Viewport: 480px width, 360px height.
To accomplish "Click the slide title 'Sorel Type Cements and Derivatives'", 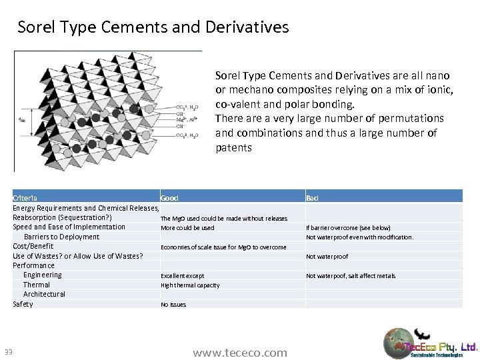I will (x=153, y=27).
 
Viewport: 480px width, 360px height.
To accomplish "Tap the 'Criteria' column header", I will (x=25, y=198).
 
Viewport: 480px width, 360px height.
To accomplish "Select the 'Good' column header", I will (x=169, y=198).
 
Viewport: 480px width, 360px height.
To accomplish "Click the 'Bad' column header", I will (x=312, y=198).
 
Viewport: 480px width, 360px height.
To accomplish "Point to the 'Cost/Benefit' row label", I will (x=33, y=246).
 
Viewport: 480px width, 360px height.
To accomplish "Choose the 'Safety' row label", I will (x=23, y=304).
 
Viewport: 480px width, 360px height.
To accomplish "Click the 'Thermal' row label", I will (x=37, y=285).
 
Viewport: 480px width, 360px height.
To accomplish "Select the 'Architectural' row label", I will (x=44, y=294).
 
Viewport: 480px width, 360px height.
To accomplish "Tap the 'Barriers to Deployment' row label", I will (x=61, y=237).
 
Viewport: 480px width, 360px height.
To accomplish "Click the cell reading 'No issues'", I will (x=173, y=305).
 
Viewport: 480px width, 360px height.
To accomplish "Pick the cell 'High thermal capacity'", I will (x=190, y=285).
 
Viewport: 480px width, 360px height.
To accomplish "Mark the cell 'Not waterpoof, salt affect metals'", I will (x=351, y=276).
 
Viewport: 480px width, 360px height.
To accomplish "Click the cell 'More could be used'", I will (x=187, y=228).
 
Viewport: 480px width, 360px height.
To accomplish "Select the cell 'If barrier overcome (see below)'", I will (x=348, y=228).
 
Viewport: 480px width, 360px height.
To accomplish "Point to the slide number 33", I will (x=9, y=353).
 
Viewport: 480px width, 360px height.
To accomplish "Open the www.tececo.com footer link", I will (x=240, y=353).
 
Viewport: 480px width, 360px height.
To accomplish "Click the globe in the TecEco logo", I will (x=399, y=343).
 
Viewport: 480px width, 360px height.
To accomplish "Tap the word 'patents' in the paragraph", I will (x=233, y=147).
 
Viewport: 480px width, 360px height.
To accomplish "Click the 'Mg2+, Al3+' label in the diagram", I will (x=186, y=121).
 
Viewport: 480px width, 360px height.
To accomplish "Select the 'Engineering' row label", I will (x=42, y=275).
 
